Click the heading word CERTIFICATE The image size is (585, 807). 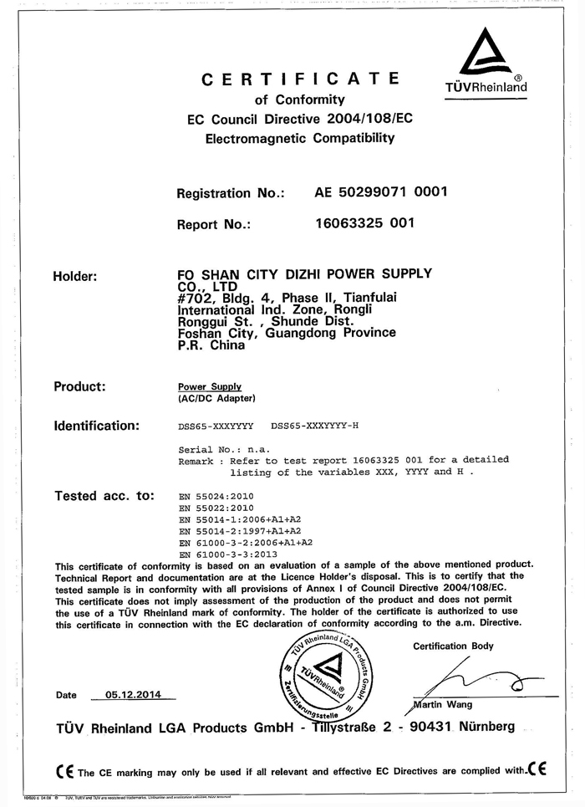(x=300, y=79)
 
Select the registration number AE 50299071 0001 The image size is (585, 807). (x=381, y=192)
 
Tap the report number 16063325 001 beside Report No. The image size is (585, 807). (x=364, y=223)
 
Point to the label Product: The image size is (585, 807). (x=79, y=386)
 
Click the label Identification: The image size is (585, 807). (x=96, y=426)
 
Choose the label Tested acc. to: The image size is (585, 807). (x=104, y=496)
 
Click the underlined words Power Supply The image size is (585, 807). (x=210, y=387)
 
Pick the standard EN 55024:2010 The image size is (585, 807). (x=216, y=496)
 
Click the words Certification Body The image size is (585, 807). (x=453, y=646)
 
